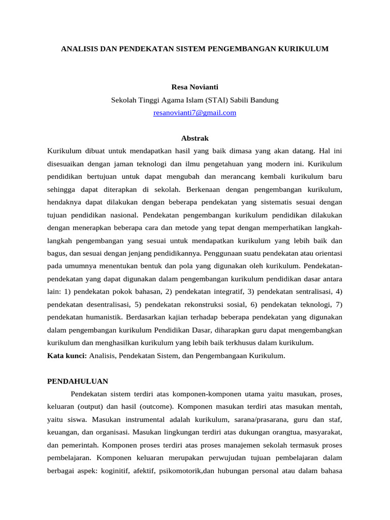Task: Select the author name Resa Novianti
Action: coord(194,87)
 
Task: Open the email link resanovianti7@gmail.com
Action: coord(194,113)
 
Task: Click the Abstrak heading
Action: coord(194,138)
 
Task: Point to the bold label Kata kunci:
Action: coord(67,356)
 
